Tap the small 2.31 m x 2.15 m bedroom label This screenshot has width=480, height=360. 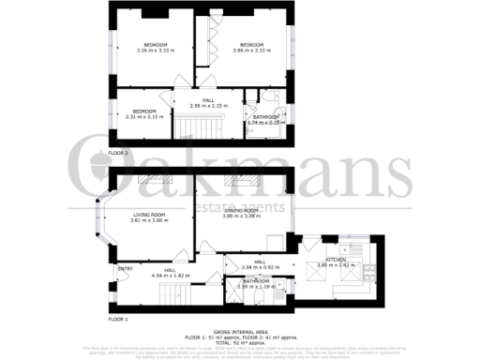click(x=143, y=113)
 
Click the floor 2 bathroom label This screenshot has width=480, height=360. click(x=265, y=119)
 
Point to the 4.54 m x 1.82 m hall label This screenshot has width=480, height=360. click(x=172, y=274)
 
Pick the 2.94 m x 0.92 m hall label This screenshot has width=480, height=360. click(x=259, y=264)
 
